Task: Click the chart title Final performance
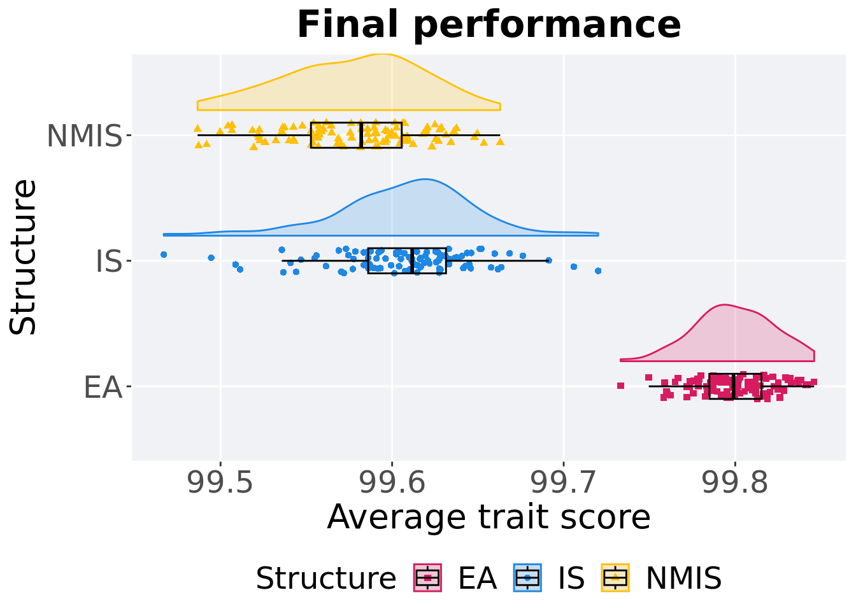pyautogui.click(x=489, y=25)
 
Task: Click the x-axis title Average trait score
pyautogui.click(x=489, y=517)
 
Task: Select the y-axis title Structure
pyautogui.click(x=24, y=257)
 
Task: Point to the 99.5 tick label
pyautogui.click(x=220, y=483)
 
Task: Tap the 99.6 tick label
pyautogui.click(x=392, y=483)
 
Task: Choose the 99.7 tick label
pyautogui.click(x=563, y=483)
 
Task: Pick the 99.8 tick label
pyautogui.click(x=734, y=483)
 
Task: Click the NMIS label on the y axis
pyautogui.click(x=84, y=136)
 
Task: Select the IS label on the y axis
pyautogui.click(x=108, y=262)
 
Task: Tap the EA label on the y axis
pyautogui.click(x=103, y=387)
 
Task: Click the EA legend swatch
pyautogui.click(x=427, y=578)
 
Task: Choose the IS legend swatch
pyautogui.click(x=527, y=578)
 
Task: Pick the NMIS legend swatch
pyautogui.click(x=615, y=578)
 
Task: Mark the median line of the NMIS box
pyautogui.click(x=362, y=135)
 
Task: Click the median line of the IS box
pyautogui.click(x=413, y=260)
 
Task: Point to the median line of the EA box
pyautogui.click(x=734, y=386)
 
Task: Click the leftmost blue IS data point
pyautogui.click(x=164, y=255)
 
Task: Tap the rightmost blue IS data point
pyautogui.click(x=598, y=271)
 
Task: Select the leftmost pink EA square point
pyautogui.click(x=620, y=386)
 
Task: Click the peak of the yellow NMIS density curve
pyautogui.click(x=381, y=55)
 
